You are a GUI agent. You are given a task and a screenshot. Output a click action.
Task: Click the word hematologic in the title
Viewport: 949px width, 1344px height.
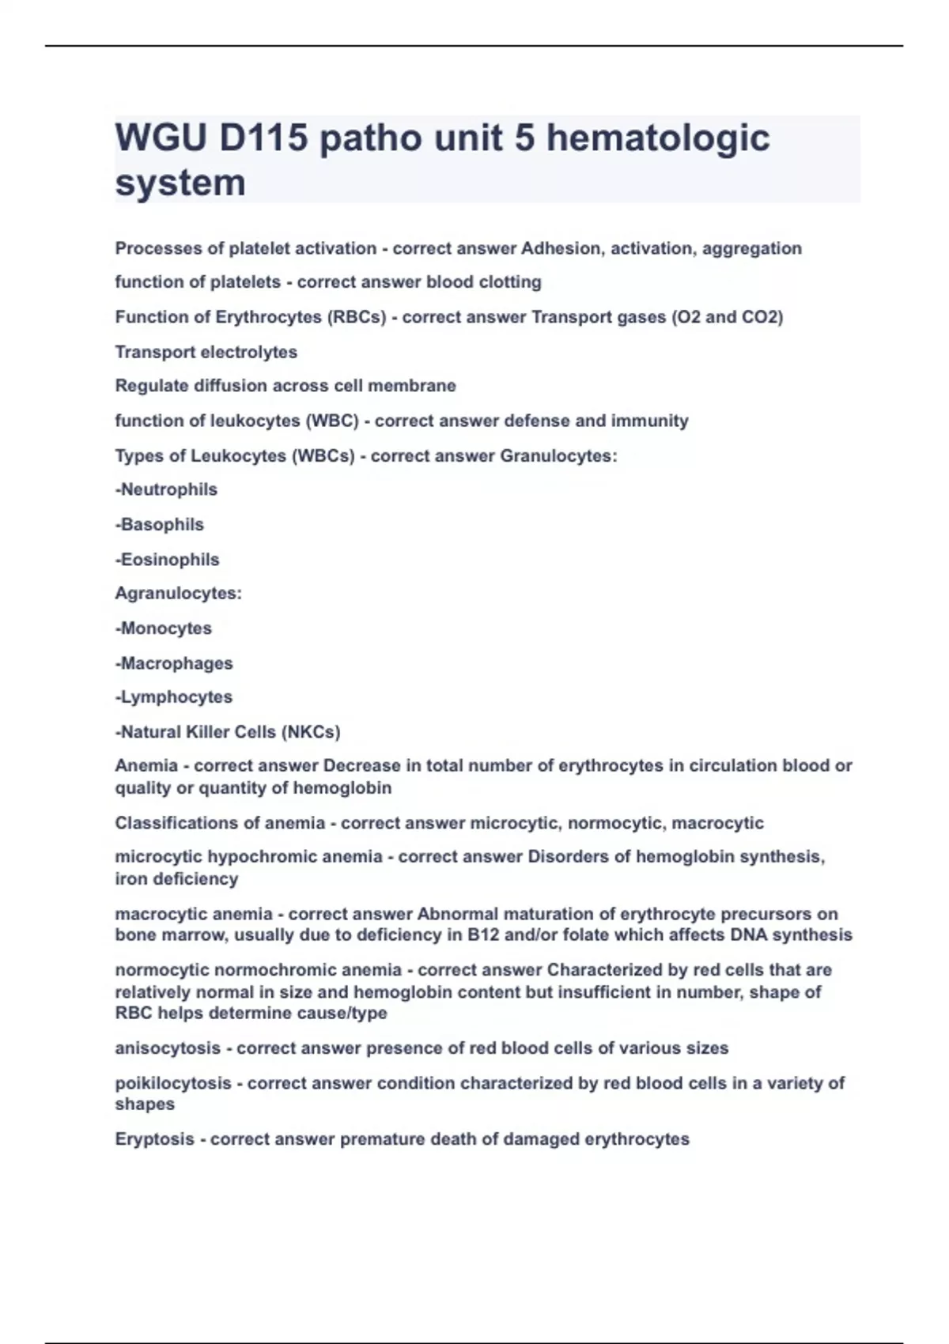pos(658,138)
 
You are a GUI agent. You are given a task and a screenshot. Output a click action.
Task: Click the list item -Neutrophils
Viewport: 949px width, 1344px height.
pos(166,489)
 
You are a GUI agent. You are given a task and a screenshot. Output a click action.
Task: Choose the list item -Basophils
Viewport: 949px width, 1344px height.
pos(160,524)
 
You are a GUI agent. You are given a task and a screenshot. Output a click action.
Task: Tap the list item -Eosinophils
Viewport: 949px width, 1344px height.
pos(167,559)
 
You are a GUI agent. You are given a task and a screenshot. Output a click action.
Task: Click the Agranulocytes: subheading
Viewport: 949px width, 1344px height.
pos(178,593)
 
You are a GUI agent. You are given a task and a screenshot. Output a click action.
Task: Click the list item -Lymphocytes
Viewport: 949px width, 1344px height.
pos(174,697)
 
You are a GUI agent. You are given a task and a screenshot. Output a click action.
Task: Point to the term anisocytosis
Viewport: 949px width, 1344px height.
pos(168,1048)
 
